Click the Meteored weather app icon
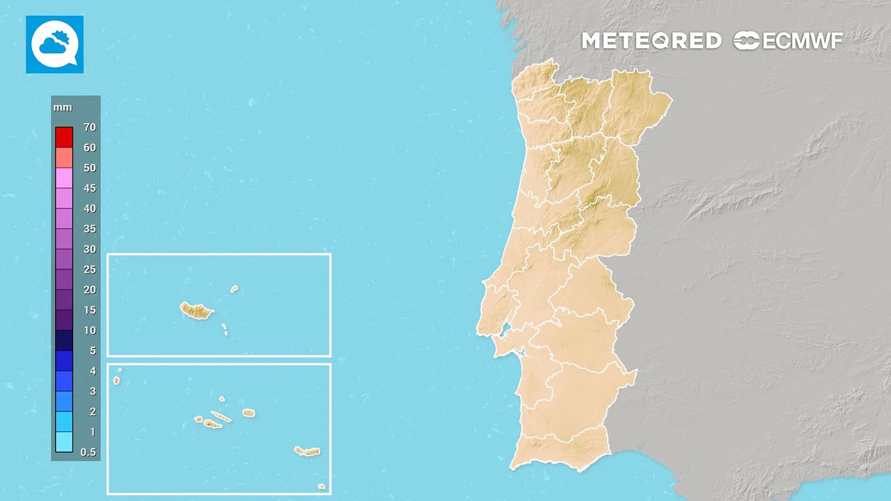click(x=54, y=45)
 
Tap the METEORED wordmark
click(x=651, y=41)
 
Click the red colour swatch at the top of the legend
click(x=64, y=137)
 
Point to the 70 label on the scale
click(x=89, y=127)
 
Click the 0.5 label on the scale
click(x=88, y=452)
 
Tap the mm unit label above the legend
click(x=63, y=108)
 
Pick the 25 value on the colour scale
click(x=89, y=269)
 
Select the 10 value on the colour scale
click(x=90, y=331)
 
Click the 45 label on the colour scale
click(x=89, y=189)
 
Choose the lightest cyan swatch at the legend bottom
click(x=64, y=442)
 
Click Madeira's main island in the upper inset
click(x=196, y=310)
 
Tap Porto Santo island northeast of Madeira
click(x=235, y=289)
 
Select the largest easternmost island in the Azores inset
click(x=307, y=452)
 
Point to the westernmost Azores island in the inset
click(x=116, y=381)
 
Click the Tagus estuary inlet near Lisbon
click(x=507, y=328)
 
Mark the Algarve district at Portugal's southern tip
click(x=564, y=452)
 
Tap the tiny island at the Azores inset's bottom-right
click(x=321, y=486)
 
